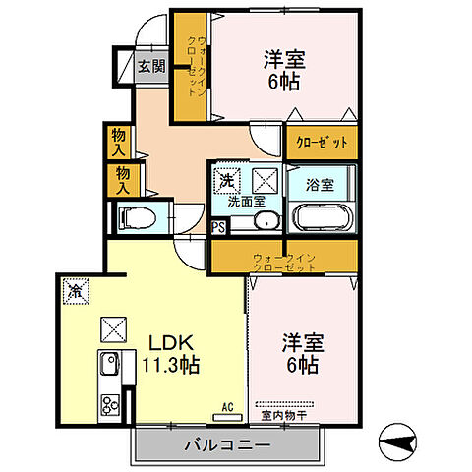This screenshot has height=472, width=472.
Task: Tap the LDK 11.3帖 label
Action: [x=175, y=354]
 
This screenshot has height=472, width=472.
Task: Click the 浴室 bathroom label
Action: [x=321, y=183]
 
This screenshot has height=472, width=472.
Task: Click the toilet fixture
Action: [x=136, y=216]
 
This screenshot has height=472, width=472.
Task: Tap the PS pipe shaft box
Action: [x=219, y=227]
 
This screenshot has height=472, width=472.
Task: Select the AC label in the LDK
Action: [x=225, y=404]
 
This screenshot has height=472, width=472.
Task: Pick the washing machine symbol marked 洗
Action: [x=227, y=181]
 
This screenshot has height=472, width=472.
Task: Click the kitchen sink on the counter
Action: [x=108, y=366]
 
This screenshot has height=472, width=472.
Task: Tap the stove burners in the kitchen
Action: [x=109, y=402]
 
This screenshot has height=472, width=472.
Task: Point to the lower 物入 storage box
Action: [x=125, y=178]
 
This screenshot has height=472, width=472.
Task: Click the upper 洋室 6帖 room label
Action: [x=283, y=71]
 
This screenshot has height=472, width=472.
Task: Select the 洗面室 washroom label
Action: [x=246, y=201]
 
